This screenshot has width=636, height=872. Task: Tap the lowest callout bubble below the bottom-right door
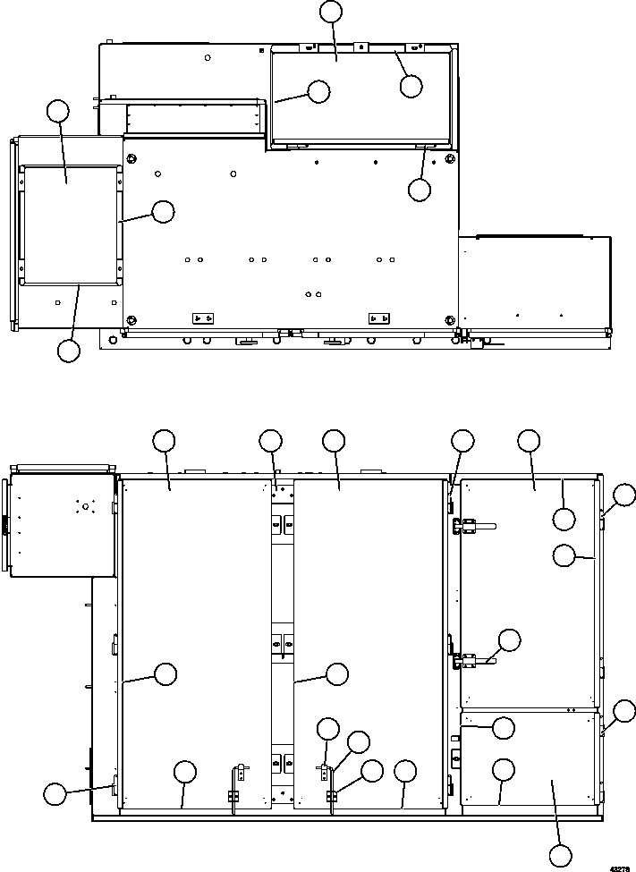coord(561,854)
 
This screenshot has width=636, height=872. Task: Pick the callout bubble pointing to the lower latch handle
coord(509,639)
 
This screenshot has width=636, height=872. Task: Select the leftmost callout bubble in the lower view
coord(55,792)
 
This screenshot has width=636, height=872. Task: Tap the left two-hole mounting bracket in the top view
coord(203,318)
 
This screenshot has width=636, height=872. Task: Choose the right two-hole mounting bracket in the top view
coord(379,318)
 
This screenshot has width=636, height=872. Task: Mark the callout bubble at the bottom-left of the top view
coord(68,351)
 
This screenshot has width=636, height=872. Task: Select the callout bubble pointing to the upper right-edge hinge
coord(624,495)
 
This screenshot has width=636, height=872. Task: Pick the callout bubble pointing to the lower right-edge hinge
coord(624,712)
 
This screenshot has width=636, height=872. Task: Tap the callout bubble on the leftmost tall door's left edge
coord(165,673)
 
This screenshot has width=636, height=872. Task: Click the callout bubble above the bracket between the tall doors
coord(270,440)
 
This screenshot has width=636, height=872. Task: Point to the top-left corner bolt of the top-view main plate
coord(132,159)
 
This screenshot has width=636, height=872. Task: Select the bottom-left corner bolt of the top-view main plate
coord(132,319)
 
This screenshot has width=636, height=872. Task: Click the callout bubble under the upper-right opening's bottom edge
coord(419,190)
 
